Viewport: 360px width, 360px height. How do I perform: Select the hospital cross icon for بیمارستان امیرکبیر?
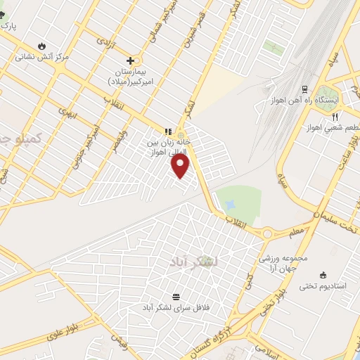130,60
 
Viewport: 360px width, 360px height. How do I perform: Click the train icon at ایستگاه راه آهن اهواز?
304,89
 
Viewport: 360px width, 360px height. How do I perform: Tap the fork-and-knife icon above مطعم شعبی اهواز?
335,116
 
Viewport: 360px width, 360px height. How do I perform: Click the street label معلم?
296,230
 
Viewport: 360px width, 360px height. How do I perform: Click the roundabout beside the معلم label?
267,233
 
